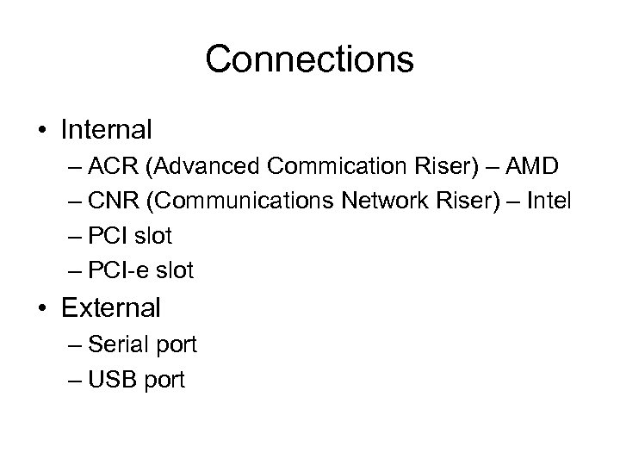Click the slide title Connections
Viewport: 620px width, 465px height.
point(310,59)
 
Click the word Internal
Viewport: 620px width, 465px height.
point(107,130)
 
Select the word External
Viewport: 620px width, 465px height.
point(111,307)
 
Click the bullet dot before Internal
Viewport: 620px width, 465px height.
point(42,131)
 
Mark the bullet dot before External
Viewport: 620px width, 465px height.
point(42,308)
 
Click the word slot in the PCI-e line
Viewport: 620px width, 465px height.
point(175,271)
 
